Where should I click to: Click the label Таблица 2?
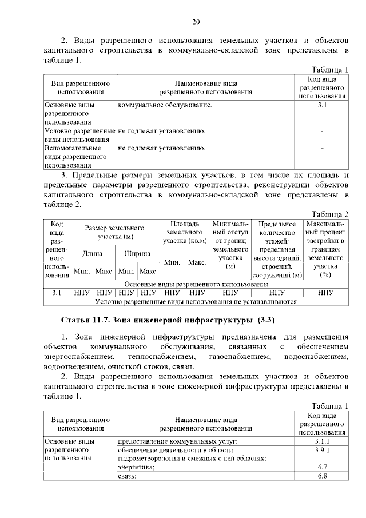click(x=330, y=213)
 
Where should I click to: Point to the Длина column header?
click(x=93, y=253)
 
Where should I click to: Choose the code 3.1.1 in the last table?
click(x=321, y=441)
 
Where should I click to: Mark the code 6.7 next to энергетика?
click(x=321, y=467)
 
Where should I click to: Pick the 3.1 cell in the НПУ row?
click(x=57, y=292)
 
